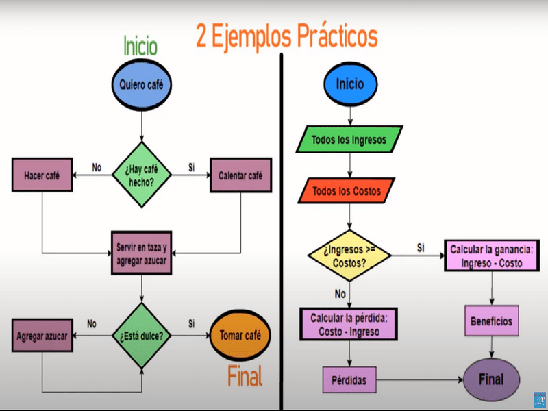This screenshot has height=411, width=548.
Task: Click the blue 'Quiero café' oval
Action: tap(142, 85)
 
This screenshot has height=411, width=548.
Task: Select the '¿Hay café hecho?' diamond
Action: tap(142, 175)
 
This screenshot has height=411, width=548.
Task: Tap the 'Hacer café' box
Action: tap(42, 175)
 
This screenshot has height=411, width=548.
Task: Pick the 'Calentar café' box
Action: tap(241, 175)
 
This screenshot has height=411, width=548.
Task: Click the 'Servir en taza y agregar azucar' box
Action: tap(142, 253)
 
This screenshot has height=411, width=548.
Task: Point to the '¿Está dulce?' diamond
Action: tap(142, 336)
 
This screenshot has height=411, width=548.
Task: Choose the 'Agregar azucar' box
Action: tap(42, 336)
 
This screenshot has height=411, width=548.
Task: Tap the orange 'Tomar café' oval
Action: tap(240, 336)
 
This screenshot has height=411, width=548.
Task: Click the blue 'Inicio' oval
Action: tap(351, 84)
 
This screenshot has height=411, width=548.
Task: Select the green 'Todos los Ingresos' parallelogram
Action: tap(349, 140)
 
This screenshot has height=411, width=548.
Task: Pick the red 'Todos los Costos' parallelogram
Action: tap(347, 191)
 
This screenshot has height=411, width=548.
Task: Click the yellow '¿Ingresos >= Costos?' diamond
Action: tap(349, 256)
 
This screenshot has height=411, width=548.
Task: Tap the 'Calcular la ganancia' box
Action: tap(492, 256)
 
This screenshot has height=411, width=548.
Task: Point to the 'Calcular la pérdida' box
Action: tap(349, 324)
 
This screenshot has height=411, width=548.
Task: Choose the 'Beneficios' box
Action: tap(492, 321)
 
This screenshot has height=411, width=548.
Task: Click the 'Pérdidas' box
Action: tap(349, 380)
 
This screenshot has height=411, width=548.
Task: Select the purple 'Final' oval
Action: tap(492, 380)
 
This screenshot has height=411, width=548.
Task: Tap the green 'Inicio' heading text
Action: tap(140, 46)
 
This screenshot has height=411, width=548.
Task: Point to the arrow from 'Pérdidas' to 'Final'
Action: tap(420, 379)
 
